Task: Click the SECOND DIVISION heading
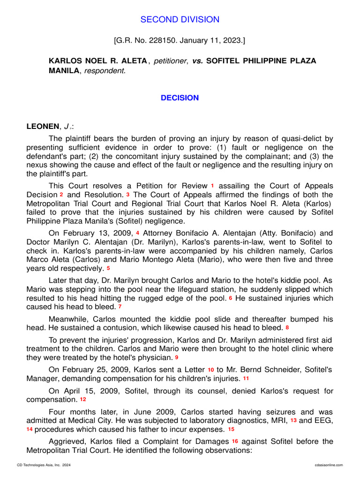[x=180, y=20]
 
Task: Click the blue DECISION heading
[x=180, y=98]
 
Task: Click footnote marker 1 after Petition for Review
[x=212, y=186]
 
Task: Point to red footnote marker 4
[x=137, y=233]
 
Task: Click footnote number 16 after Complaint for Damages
[x=235, y=441]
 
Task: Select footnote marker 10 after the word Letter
[x=211, y=370]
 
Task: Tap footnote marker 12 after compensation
[x=83, y=399]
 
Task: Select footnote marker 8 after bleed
[x=287, y=327]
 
